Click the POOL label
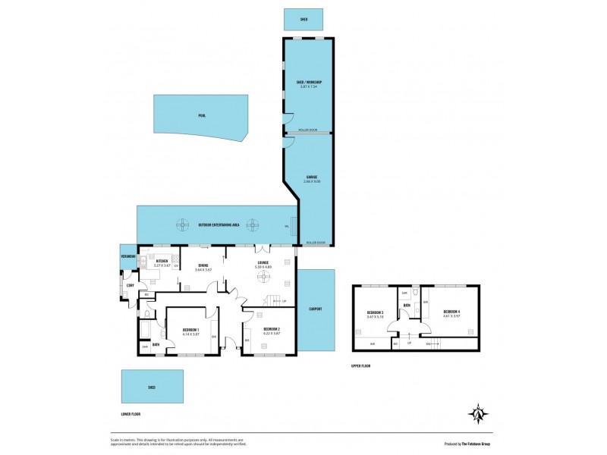(x=202, y=116)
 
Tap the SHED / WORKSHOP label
(x=309, y=82)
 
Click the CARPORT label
(x=316, y=309)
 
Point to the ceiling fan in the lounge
(x=266, y=277)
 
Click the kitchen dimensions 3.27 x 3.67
(x=161, y=265)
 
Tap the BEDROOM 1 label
(x=190, y=329)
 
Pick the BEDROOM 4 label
(x=451, y=312)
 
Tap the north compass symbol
(x=477, y=414)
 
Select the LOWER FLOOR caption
(x=131, y=414)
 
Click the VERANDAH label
(x=127, y=256)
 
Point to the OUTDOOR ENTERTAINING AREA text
(x=219, y=225)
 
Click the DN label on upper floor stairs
(x=429, y=344)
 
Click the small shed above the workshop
(x=303, y=20)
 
